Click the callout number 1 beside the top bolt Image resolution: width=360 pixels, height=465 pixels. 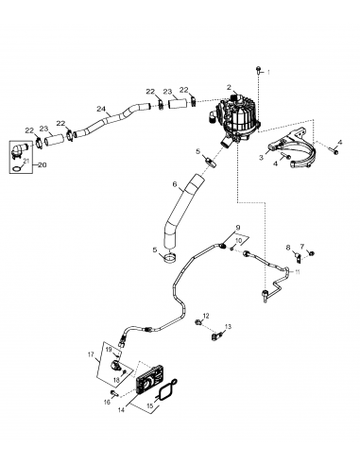coord(267,71)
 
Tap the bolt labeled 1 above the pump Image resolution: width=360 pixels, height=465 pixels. coord(257,73)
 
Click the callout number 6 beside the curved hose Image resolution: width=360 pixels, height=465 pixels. coord(173,184)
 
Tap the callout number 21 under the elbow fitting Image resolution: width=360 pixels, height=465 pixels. coord(26,163)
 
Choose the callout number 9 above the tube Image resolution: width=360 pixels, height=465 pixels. coord(237,228)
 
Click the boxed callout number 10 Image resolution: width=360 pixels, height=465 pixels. coord(239,242)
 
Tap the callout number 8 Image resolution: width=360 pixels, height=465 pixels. coord(288,248)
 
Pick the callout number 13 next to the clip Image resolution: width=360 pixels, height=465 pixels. coord(227,329)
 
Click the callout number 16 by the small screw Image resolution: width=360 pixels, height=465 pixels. coord(108,401)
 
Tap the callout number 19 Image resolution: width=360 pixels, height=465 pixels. coord(107,350)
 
